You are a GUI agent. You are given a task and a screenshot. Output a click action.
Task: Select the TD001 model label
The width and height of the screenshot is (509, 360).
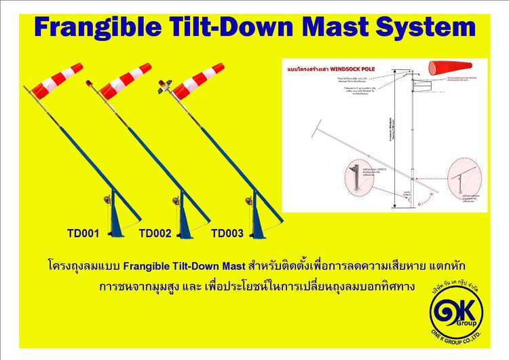pos(83,234)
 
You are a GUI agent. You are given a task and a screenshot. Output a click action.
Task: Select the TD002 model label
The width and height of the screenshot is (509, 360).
pos(155,234)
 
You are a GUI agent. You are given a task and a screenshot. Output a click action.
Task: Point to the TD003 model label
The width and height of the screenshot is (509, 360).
pos(227,234)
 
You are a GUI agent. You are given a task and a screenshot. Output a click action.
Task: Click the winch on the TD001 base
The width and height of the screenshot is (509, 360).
pos(105,201)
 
